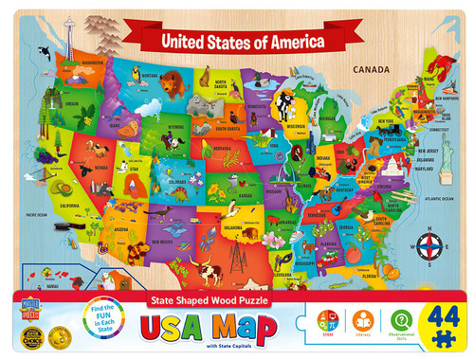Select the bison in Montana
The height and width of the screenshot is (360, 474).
pos(172,84)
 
